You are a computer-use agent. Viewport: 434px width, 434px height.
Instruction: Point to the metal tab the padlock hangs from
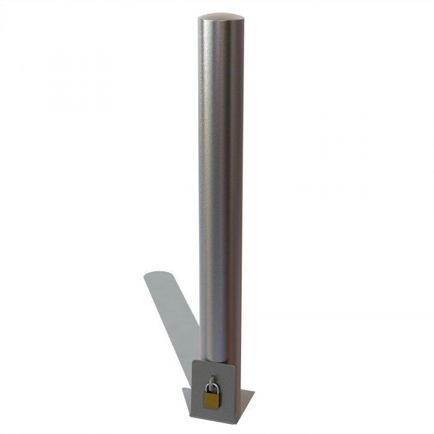click(212, 379)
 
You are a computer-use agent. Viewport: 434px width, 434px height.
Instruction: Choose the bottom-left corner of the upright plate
click(192, 417)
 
